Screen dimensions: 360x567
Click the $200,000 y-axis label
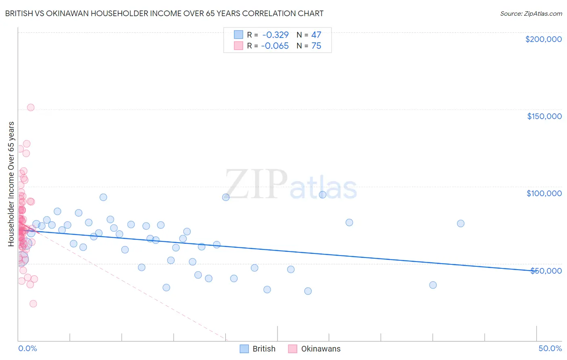(x=543, y=39)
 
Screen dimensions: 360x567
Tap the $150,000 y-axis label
(x=544, y=116)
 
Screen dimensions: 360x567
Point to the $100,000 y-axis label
(x=544, y=193)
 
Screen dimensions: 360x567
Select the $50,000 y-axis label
(x=546, y=271)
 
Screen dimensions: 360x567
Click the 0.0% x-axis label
(x=27, y=348)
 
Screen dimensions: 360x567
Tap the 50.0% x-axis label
(x=550, y=348)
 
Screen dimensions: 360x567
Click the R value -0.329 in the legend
(x=275, y=35)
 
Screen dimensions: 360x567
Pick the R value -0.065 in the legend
(x=275, y=46)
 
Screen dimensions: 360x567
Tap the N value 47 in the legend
(x=316, y=35)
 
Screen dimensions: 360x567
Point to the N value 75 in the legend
(x=316, y=46)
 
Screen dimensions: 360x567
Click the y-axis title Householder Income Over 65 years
(x=11, y=184)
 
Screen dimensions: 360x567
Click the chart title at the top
(x=164, y=13)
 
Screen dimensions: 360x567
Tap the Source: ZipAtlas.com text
(x=531, y=14)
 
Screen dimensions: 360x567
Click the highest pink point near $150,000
(x=31, y=107)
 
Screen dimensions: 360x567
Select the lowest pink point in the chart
(x=33, y=303)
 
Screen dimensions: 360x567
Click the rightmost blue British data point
(x=461, y=224)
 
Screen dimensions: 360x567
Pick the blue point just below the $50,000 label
(x=433, y=285)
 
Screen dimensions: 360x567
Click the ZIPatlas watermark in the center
(x=291, y=185)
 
